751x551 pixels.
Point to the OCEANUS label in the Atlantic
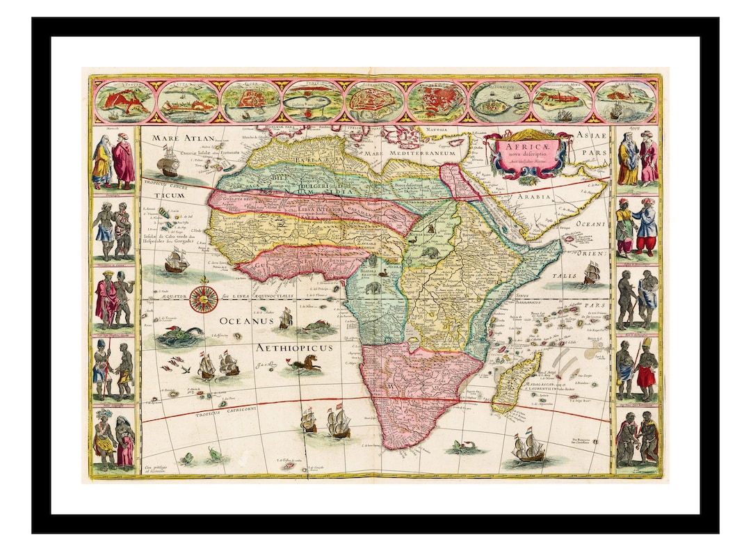click(x=243, y=322)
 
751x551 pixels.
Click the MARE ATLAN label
click(x=177, y=138)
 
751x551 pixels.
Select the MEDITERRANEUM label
click(x=426, y=152)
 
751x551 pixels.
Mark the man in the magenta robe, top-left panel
click(x=124, y=161)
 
